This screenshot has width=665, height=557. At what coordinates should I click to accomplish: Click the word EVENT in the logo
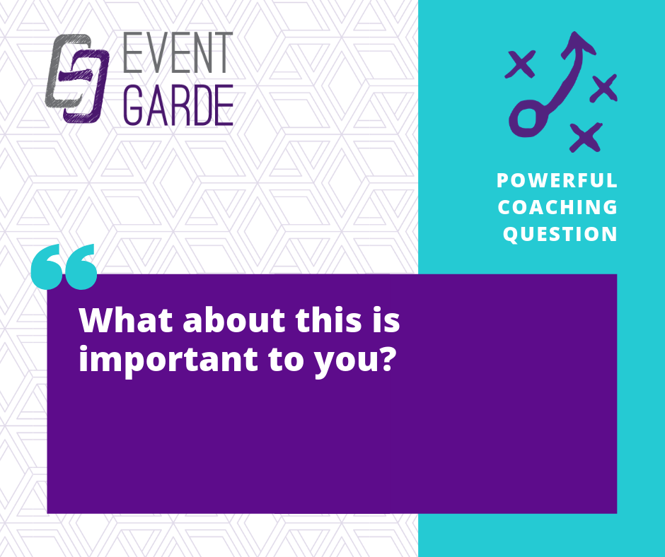(x=178, y=52)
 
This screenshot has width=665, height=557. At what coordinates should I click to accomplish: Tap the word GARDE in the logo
(x=178, y=105)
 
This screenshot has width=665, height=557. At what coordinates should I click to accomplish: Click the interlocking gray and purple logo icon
(x=77, y=78)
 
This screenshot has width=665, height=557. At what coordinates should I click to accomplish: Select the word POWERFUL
(x=557, y=180)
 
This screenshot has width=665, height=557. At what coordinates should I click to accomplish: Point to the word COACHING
(x=557, y=207)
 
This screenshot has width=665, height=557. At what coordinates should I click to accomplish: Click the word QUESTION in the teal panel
(x=560, y=234)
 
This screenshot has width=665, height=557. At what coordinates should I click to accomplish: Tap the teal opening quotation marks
(x=64, y=266)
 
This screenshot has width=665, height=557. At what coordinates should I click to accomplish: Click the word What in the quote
(x=127, y=319)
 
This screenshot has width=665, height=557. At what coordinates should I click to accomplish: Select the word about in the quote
(x=233, y=319)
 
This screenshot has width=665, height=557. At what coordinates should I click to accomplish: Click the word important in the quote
(x=168, y=360)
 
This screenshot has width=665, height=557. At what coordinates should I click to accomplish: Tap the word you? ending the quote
(x=353, y=361)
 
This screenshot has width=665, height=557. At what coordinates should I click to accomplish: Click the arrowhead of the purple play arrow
(x=578, y=45)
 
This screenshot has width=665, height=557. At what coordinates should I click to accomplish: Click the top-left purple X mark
(x=521, y=64)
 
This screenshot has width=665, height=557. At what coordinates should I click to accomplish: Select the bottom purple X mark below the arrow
(x=586, y=137)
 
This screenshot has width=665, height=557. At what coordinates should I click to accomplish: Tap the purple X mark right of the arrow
(x=604, y=88)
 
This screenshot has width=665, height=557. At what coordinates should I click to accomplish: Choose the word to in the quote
(x=285, y=360)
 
